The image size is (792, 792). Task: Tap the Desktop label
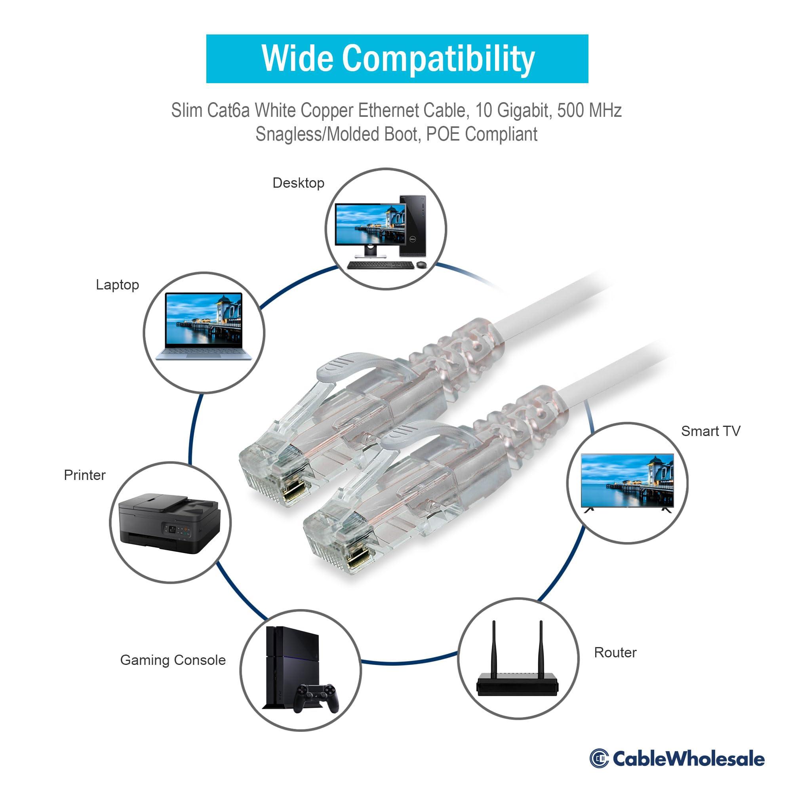[x=298, y=183]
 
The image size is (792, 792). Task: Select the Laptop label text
[x=117, y=284]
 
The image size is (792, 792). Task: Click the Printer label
[x=84, y=475]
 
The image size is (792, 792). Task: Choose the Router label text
[x=615, y=652]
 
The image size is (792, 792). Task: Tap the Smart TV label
[x=710, y=431]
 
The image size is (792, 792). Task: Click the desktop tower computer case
[x=412, y=226]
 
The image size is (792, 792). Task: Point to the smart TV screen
[x=627, y=480]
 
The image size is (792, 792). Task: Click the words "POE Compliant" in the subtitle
[x=482, y=134]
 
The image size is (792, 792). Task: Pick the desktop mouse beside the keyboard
[x=421, y=265]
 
